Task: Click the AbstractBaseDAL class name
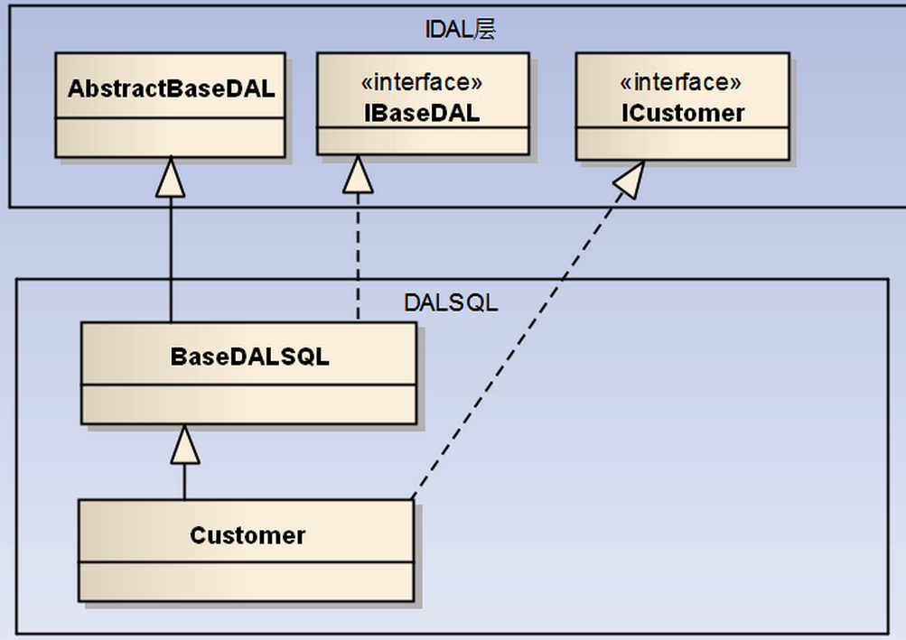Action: (171, 88)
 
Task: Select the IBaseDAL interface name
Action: (422, 113)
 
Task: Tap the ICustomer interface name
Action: (683, 113)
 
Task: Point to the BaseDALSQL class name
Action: (249, 357)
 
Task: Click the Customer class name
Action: (248, 535)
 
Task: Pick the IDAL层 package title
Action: (460, 30)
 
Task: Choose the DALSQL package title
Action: (451, 302)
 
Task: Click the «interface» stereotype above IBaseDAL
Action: (422, 83)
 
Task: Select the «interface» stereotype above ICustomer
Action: (681, 83)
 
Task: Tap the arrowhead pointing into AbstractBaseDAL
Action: (171, 177)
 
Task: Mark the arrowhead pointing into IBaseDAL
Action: (358, 175)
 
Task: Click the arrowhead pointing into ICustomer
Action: (630, 181)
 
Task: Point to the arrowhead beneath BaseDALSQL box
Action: (185, 445)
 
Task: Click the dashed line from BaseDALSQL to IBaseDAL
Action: (358, 257)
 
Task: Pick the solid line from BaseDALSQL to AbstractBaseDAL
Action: (171, 259)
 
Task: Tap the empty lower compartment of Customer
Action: (246, 581)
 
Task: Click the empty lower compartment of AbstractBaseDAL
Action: (171, 137)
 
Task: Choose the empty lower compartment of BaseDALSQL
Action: (249, 404)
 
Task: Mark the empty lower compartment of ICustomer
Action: (682, 144)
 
